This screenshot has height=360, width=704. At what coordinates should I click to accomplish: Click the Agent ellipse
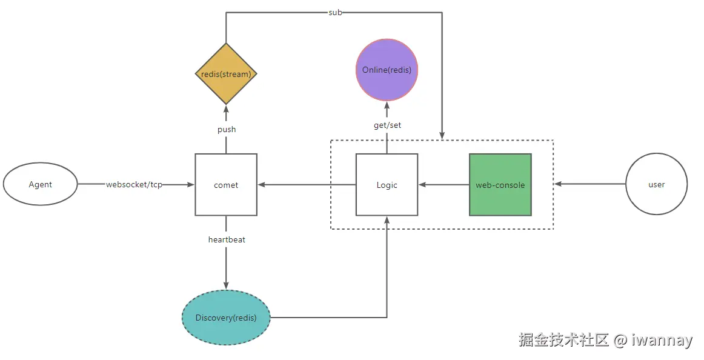pos(41,184)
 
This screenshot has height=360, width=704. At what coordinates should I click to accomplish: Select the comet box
pos(226,184)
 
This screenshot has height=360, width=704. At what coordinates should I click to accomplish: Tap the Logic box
pos(387,184)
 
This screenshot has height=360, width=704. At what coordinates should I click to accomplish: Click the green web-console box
pos(500,184)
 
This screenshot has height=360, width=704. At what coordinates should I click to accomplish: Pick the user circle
pos(656,184)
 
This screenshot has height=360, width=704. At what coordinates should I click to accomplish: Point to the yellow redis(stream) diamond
pos(226,73)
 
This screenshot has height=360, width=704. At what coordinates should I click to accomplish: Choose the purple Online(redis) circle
pos(387,70)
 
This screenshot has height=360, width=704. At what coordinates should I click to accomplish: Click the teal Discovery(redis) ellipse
pos(226,318)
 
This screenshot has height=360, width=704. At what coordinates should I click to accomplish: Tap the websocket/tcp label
pos(134,184)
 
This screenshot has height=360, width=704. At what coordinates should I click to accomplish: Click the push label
pos(226,129)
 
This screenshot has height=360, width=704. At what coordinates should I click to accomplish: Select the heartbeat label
pos(227,239)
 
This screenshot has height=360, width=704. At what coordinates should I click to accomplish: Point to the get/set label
pos(387,125)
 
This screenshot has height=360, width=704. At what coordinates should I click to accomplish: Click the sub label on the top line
pos(335,12)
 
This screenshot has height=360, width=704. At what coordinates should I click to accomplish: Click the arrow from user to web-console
pos(591,184)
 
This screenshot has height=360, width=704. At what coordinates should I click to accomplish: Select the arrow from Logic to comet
pos(306,184)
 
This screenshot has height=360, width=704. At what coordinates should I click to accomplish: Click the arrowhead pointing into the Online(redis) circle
pos(387,105)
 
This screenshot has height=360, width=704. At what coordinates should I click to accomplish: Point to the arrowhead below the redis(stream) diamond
pos(226,109)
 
